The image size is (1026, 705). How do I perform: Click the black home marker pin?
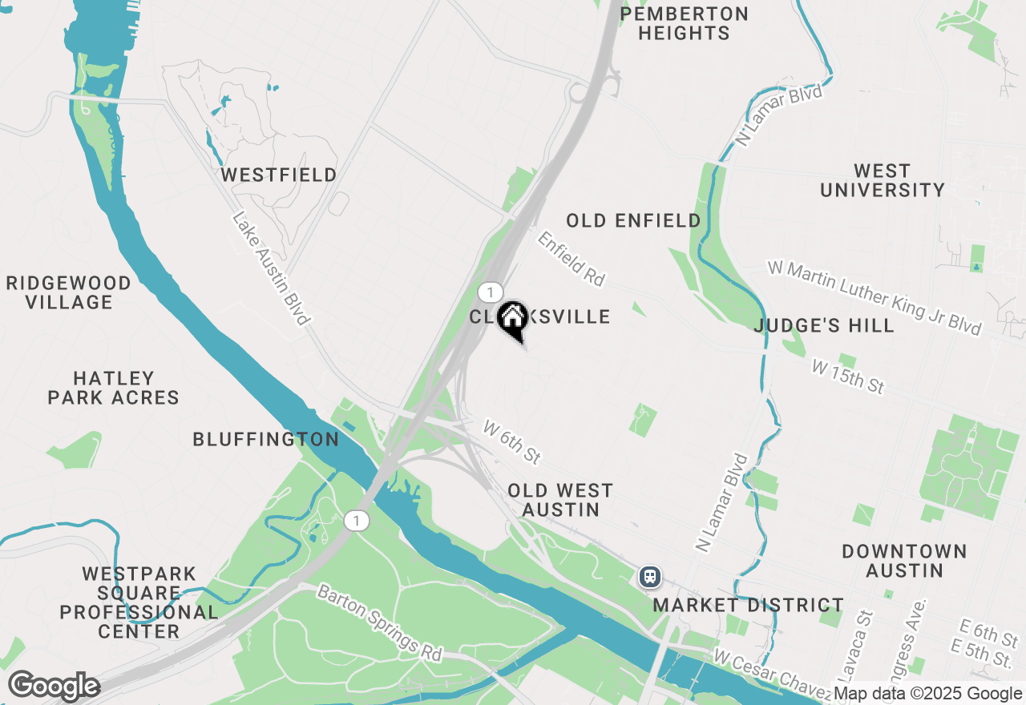(x=512, y=319)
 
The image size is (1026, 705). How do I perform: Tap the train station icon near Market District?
(x=649, y=575)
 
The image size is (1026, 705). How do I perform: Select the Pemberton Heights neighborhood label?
(x=684, y=23)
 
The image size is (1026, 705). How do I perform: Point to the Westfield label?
(x=279, y=175)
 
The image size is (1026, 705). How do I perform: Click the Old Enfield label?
(x=633, y=220)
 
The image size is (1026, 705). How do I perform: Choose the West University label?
(x=882, y=180)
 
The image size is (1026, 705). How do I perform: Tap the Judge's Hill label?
(x=824, y=325)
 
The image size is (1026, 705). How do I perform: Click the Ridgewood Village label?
(x=69, y=292)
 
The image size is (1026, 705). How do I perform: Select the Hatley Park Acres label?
(x=113, y=388)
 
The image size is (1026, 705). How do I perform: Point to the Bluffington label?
(x=265, y=439)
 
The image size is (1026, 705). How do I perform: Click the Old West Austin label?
(x=560, y=500)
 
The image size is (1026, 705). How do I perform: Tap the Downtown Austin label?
(x=904, y=561)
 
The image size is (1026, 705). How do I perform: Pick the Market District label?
(x=748, y=605)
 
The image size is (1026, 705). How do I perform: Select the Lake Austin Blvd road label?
(x=271, y=268)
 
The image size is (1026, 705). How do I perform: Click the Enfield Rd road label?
(x=571, y=259)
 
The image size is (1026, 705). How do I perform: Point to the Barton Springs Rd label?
(x=380, y=623)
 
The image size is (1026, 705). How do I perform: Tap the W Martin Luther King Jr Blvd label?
(x=875, y=297)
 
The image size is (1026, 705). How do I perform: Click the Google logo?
(x=54, y=687)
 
